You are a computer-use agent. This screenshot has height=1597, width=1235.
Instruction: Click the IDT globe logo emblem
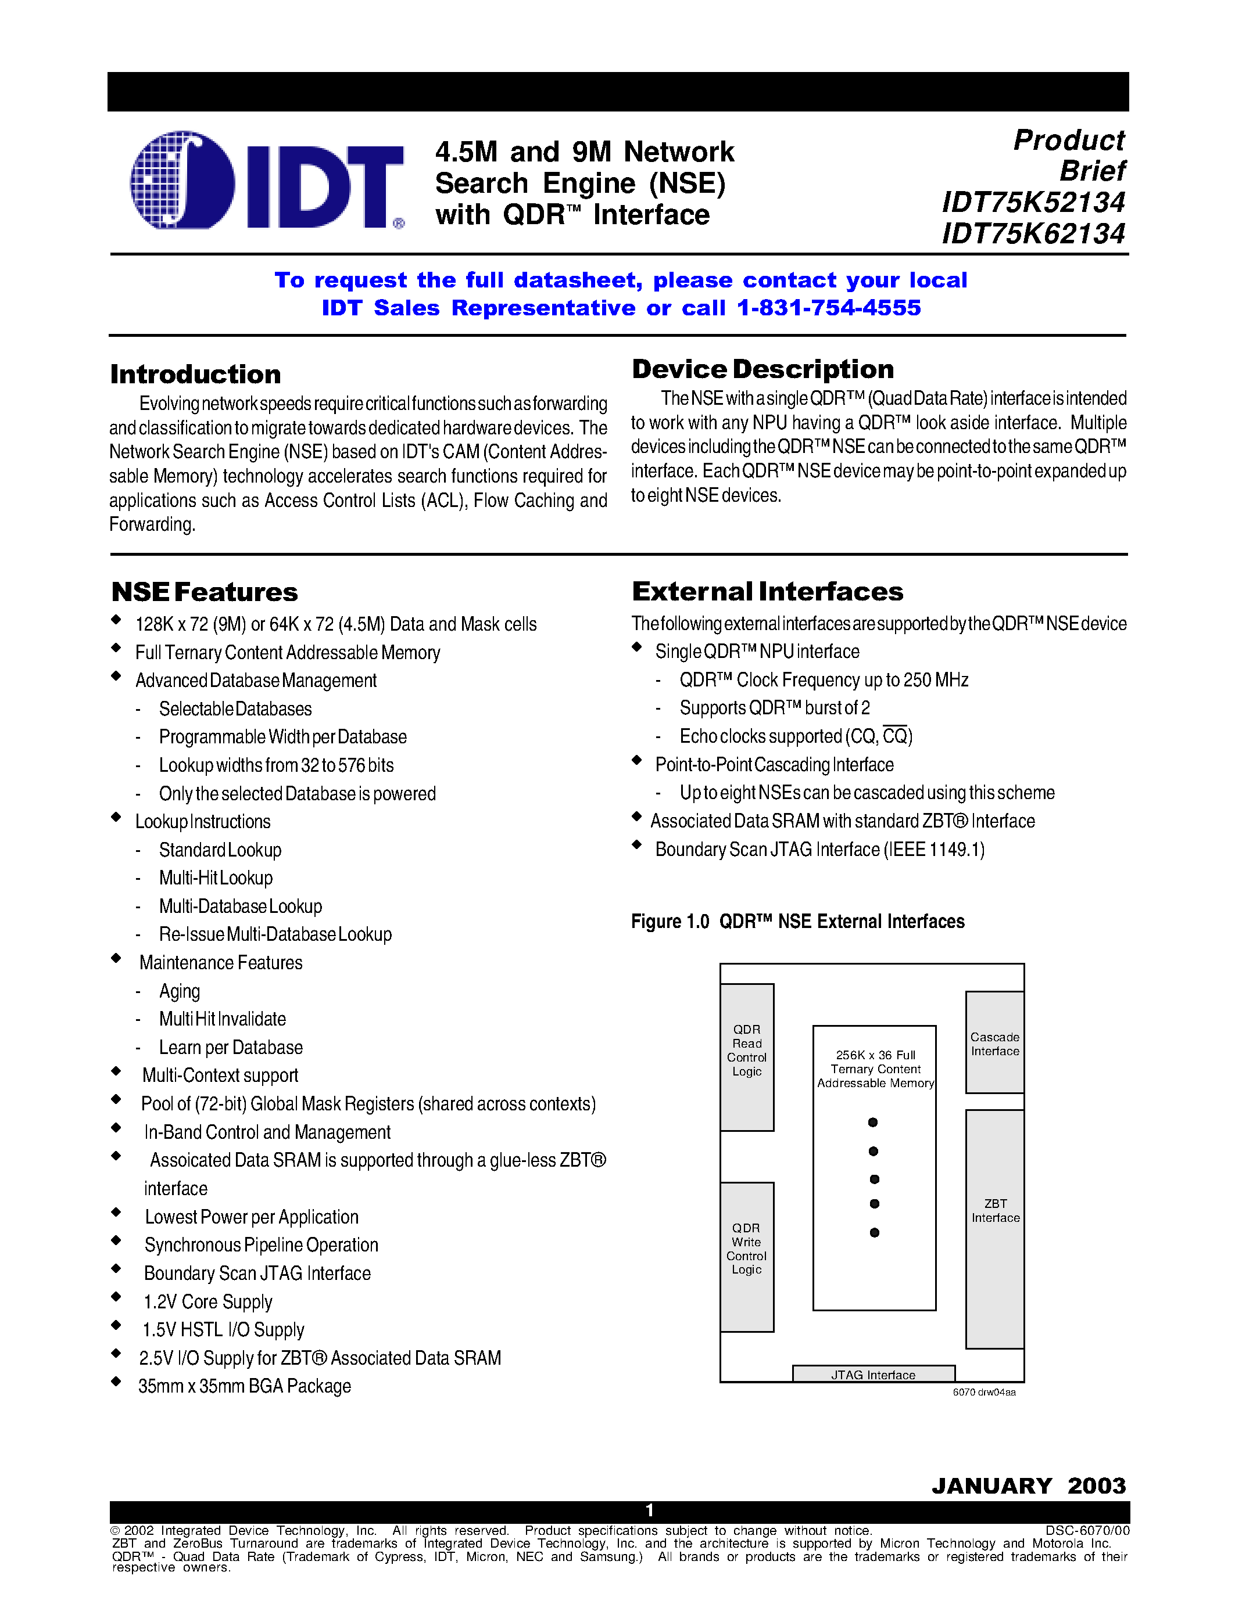[182, 180]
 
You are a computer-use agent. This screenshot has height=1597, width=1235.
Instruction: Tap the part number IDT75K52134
[1033, 203]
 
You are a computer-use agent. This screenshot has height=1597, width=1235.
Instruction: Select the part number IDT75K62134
[1033, 234]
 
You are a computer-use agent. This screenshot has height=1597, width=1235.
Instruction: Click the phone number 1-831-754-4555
[829, 308]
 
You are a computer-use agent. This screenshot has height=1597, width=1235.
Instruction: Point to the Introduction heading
[195, 375]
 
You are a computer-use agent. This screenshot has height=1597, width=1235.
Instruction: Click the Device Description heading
[763, 369]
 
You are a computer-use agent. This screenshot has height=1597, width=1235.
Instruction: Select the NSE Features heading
[205, 592]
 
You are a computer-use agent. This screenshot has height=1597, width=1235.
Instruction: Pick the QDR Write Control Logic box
[747, 1256]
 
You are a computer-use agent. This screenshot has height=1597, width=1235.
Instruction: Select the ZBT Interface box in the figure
[995, 1228]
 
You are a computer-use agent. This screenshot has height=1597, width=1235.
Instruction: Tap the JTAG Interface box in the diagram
[874, 1375]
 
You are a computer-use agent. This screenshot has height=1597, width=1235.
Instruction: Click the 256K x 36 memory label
[875, 1069]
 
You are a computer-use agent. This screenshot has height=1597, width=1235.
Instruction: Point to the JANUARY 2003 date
[1029, 1486]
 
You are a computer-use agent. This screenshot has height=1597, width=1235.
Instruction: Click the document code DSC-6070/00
[1087, 1530]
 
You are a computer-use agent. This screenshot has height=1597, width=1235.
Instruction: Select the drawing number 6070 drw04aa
[984, 1392]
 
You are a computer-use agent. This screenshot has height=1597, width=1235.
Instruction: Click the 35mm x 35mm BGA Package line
[244, 1386]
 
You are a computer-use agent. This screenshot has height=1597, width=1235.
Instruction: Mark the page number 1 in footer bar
[649, 1510]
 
